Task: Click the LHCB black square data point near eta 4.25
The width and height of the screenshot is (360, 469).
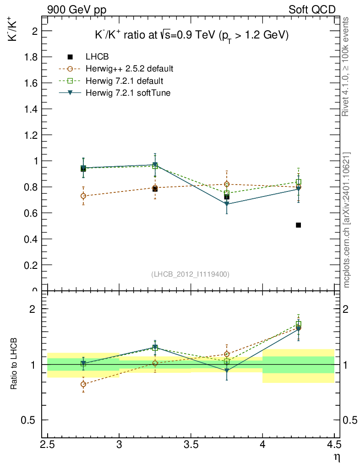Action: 298,225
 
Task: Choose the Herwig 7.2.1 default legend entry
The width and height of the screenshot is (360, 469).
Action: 124,81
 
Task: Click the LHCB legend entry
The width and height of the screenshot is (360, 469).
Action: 97,57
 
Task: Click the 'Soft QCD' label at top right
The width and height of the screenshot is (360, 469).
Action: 312,10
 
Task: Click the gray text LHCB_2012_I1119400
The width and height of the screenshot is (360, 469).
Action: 190,274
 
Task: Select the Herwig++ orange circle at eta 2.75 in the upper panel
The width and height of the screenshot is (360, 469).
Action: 83,196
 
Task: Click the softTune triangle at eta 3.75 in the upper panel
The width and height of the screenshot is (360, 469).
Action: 227,204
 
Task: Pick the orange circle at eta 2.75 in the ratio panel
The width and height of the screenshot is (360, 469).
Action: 83,384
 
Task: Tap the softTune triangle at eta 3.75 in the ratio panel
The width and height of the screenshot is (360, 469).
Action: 227,371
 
